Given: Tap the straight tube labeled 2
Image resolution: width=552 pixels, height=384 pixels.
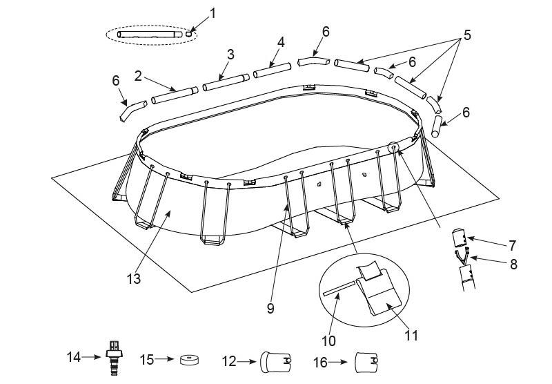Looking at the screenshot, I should (175, 95).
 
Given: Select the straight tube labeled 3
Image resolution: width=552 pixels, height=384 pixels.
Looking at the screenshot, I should (225, 82).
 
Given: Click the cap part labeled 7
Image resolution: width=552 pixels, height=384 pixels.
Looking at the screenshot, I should (459, 238).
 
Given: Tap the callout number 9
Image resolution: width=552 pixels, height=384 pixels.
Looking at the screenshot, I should (270, 309).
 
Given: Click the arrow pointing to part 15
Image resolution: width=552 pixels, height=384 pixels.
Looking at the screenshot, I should (164, 360).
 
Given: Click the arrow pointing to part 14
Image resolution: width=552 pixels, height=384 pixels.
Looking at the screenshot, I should (90, 357).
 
